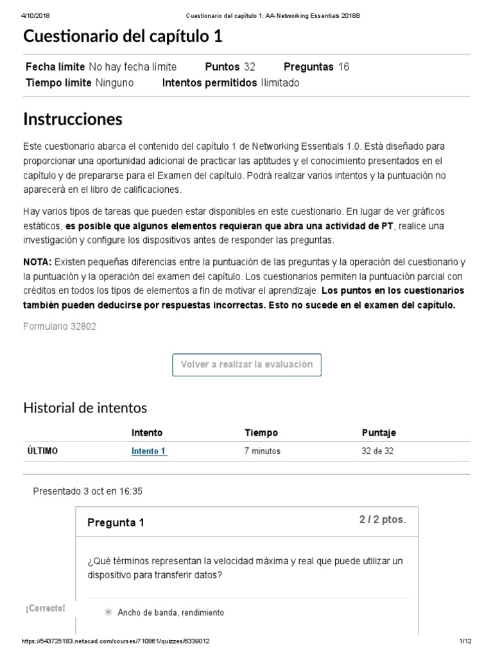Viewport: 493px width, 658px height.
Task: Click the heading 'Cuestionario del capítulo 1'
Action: pos(123,37)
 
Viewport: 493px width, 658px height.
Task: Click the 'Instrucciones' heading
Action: pos(73,119)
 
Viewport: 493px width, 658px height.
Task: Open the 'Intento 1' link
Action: pos(149,451)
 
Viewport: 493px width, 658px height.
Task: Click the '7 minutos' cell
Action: pos(262,451)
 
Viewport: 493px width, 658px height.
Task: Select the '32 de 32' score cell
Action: pos(377,451)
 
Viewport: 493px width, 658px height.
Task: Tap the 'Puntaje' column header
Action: pos(379,433)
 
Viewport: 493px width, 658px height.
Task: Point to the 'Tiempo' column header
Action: pos(261,433)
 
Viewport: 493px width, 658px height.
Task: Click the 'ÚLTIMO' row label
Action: pos(42,451)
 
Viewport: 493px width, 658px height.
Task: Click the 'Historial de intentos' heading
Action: pos(85,407)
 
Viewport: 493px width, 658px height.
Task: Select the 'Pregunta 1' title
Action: pos(116,523)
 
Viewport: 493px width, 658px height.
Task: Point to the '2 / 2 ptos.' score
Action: pos(382,520)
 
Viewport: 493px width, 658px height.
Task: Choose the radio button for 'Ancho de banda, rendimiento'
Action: pos(108,612)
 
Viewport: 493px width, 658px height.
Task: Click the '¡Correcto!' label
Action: pos(46,609)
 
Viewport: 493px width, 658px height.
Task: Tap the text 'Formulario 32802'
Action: pos(60,326)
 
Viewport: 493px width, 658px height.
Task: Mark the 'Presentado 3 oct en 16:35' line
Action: pos(87,491)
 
